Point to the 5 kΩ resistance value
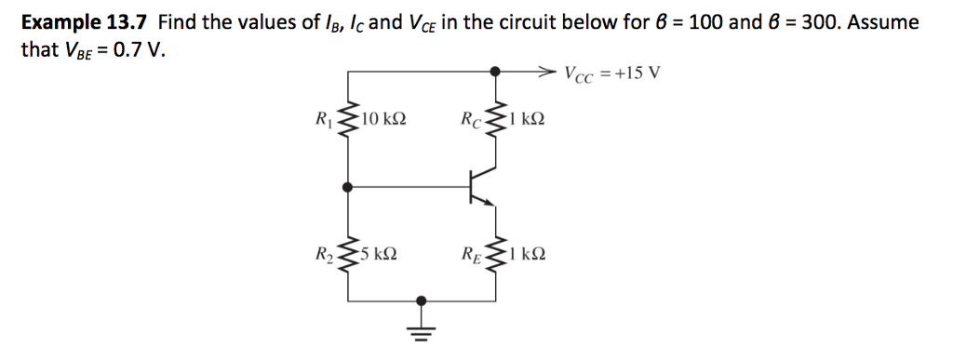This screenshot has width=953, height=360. tap(380, 253)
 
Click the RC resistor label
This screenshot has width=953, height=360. tap(471, 119)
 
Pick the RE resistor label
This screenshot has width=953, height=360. tap(471, 253)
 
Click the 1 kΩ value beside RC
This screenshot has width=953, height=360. tap(527, 119)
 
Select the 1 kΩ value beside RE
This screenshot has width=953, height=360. tap(527, 253)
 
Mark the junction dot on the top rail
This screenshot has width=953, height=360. tap(496, 70)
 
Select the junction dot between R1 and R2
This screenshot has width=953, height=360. tap(348, 186)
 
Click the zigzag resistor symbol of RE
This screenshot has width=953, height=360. tap(496, 252)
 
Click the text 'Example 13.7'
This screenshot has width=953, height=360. tap(84, 21)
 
